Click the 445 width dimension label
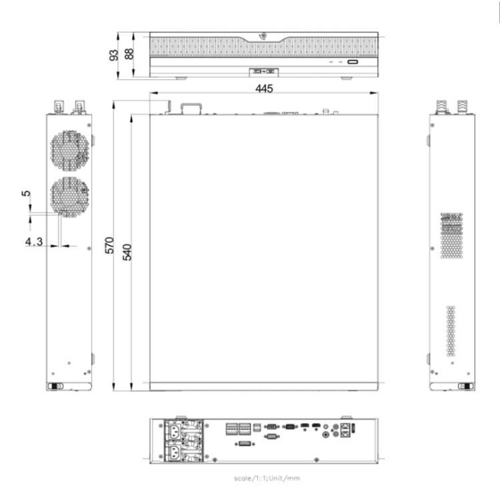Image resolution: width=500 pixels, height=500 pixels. point(264,88)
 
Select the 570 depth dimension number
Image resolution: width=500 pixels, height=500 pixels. point(109,245)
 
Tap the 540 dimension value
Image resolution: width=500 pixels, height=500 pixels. point(127,252)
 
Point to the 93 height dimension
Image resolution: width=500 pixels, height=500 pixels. point(113,55)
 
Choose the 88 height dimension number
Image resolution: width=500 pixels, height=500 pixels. point(129,54)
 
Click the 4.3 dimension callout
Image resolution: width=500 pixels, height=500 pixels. point(34,242)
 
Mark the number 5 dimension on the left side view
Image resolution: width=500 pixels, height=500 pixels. point(26,193)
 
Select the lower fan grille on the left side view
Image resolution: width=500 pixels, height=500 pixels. point(69,197)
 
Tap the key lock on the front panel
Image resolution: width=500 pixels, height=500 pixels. point(263,35)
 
